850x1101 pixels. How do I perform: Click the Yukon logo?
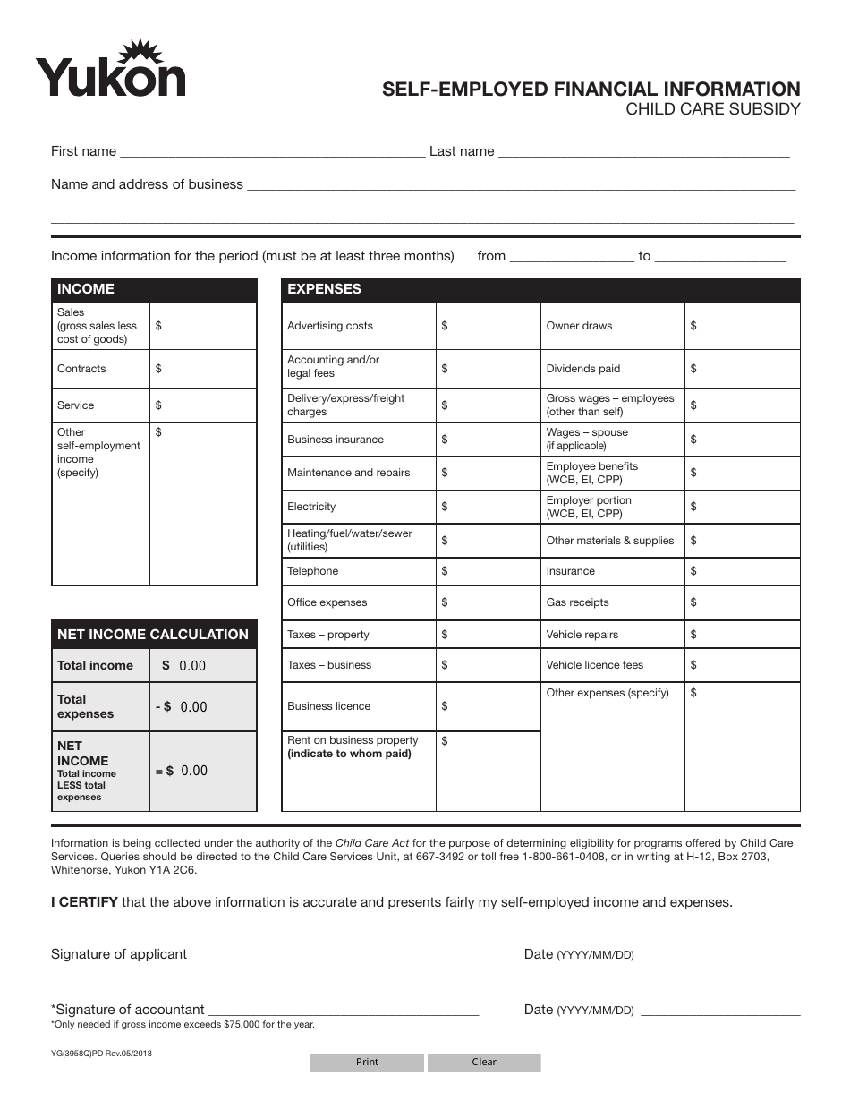[x=110, y=69]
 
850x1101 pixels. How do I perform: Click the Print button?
[x=367, y=1063]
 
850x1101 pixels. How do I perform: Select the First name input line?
[x=272, y=152]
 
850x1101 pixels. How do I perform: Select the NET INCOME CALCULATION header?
[x=154, y=635]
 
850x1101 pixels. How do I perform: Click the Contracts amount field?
[x=204, y=369]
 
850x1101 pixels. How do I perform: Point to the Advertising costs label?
[x=330, y=326]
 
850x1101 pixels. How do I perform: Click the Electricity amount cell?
[x=489, y=507]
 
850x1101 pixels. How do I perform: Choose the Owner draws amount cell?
[x=743, y=326]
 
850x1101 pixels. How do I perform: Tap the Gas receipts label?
[x=577, y=602]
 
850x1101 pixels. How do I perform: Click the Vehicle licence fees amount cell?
[x=743, y=665]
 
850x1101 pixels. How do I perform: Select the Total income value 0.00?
[x=192, y=666]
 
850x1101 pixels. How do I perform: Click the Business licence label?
[x=328, y=706]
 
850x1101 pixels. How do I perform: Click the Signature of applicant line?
[x=333, y=955]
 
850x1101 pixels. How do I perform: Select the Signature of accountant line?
[x=343, y=1011]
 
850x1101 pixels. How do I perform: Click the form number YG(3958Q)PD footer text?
[x=101, y=1054]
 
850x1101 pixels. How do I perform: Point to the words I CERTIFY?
[x=84, y=902]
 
